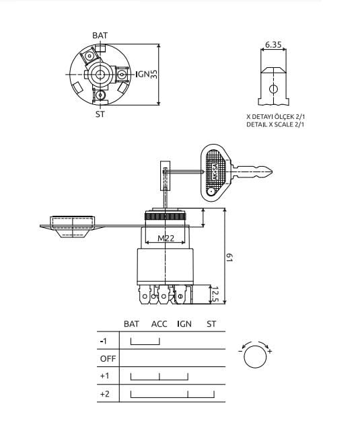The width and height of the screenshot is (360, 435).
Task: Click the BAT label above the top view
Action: [x=100, y=36]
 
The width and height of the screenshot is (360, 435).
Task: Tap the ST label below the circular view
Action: [x=100, y=114]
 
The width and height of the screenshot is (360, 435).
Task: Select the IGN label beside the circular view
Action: [x=143, y=74]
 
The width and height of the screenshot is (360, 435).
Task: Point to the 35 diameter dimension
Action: [x=154, y=75]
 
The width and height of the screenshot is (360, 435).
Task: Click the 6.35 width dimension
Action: [x=273, y=44]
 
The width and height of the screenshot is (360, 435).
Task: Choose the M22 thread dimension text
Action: [x=166, y=238]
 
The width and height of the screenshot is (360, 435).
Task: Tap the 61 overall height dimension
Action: [x=229, y=258]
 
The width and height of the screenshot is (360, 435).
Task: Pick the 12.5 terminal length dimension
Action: [x=214, y=295]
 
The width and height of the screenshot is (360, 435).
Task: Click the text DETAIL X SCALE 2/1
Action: [x=275, y=124]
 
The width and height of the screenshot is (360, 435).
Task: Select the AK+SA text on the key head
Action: [x=215, y=171]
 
